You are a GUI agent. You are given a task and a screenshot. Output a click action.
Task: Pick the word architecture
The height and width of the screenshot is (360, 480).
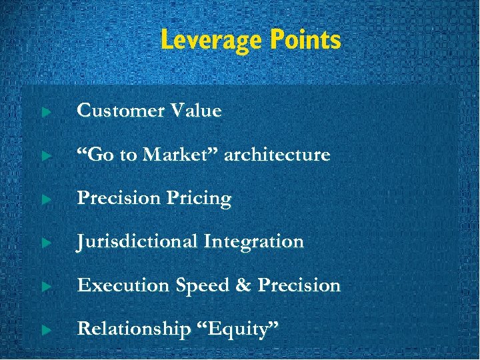pos(277,155)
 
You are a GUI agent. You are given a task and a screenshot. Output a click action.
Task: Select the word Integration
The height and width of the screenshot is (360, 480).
pos(253,241)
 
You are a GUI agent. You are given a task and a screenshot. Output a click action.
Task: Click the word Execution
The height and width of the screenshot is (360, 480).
pos(123,285)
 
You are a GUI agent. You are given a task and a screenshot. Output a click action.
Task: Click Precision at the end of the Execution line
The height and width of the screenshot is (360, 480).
pos(299,285)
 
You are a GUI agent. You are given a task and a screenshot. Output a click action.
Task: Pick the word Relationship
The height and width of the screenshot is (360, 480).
pos(133,329)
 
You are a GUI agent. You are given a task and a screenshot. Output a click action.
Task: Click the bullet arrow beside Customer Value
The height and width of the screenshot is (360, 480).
pos(45,112)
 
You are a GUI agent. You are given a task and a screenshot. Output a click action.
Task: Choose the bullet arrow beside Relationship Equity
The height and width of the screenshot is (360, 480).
pos(45,331)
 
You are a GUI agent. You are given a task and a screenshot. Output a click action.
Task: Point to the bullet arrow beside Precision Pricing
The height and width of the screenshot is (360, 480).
pos(45,200)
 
